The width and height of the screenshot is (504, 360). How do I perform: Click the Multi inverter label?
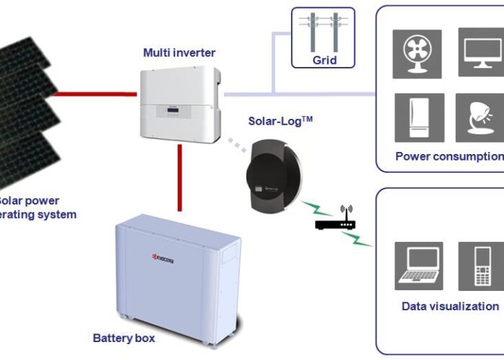click(179, 53)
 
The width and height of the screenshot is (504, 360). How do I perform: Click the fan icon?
click(417, 53)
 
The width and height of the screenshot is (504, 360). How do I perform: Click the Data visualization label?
click(450, 306)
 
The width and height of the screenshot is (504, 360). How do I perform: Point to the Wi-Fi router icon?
click(336, 220)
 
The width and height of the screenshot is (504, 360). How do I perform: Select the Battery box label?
click(123, 337)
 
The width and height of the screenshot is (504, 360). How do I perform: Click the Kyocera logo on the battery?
click(162, 257)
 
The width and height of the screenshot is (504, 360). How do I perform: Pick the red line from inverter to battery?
click(174, 176)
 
